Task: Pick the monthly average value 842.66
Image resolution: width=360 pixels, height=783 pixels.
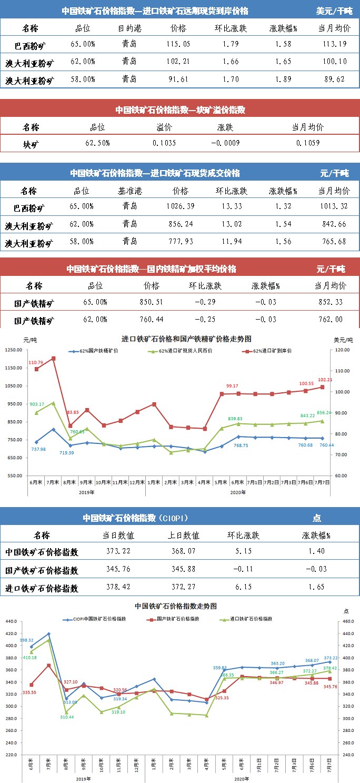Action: coord(334,224)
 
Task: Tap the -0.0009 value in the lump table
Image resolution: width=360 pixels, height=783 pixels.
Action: coord(226,143)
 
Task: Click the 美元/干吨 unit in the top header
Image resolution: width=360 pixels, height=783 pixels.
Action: coord(334,11)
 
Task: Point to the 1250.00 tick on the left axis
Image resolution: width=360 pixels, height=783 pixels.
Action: coord(14,350)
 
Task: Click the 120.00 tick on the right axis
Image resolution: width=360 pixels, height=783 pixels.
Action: coord(343,350)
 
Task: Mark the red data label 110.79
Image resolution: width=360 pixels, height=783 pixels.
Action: coord(36,362)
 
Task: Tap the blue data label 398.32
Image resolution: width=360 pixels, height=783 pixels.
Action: coord(27,640)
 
